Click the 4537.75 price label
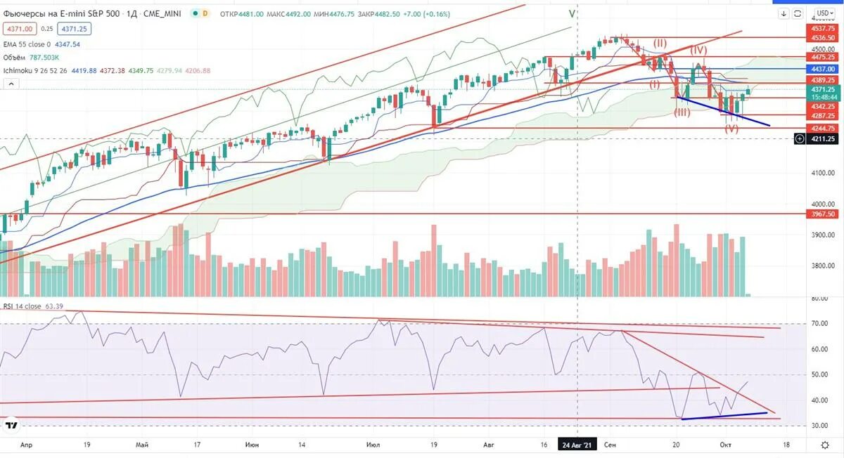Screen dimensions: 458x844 [822, 29]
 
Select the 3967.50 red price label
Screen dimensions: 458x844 [822, 214]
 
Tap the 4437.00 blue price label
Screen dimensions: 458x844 [822, 69]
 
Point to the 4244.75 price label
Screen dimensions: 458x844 [822, 128]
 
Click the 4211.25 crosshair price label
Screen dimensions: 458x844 [822, 139]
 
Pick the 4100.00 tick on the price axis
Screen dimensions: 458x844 [822, 172]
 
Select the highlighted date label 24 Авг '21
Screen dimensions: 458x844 [577, 445]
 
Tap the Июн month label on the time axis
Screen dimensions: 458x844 [252, 445]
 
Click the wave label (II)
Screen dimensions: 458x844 [659, 43]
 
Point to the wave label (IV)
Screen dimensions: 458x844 [698, 50]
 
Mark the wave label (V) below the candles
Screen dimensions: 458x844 [731, 129]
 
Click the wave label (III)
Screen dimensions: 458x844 [682, 112]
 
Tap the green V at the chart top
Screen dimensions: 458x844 [572, 13]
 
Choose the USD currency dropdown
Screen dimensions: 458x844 [823, 13]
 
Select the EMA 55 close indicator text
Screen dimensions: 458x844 [27, 44]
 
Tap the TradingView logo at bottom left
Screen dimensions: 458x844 [11, 425]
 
